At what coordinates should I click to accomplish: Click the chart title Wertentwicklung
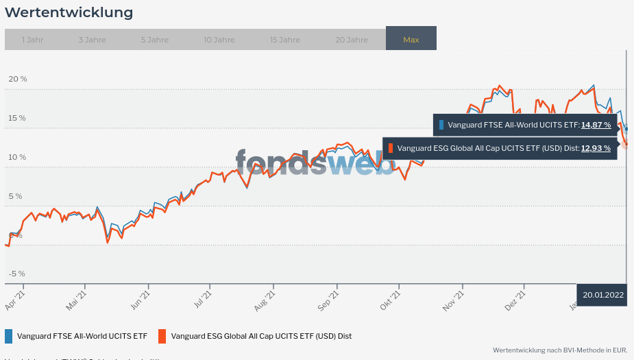[69, 12]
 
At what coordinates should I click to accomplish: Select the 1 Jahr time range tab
[32, 40]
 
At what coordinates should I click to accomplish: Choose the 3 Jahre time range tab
[92, 40]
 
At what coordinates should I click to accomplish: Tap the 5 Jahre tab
[155, 40]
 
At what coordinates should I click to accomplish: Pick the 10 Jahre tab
[219, 40]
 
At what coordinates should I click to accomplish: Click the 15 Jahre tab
[285, 40]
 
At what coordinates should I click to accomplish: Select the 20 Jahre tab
[352, 40]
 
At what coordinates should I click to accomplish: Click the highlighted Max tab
[411, 40]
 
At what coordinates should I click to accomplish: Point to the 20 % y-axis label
[18, 79]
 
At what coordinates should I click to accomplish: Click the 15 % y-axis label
[18, 118]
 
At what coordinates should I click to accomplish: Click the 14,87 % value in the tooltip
[596, 125]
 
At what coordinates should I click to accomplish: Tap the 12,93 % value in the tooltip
[596, 147]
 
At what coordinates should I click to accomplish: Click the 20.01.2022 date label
[603, 295]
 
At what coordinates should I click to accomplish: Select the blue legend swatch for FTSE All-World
[9, 336]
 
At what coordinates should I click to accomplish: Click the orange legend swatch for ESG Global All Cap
[162, 336]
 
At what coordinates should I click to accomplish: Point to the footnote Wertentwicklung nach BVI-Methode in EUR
[560, 350]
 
